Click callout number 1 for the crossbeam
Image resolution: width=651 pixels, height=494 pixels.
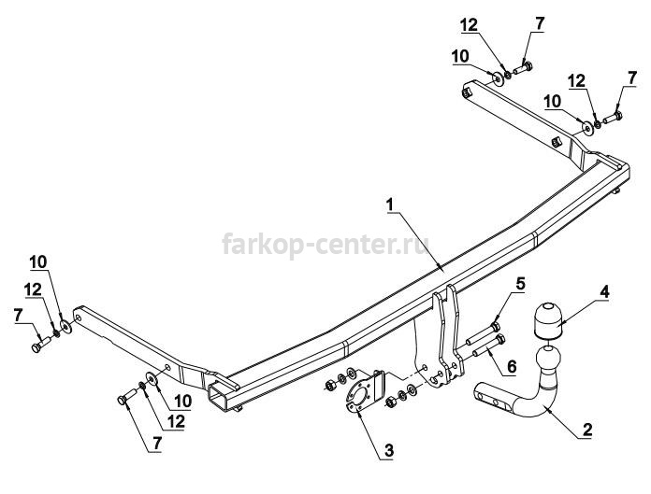coord(389,205)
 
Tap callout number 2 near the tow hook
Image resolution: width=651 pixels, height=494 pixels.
coord(587,430)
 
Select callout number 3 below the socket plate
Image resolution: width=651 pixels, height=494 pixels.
coord(388,450)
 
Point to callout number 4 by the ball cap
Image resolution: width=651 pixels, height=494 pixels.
coord(604,292)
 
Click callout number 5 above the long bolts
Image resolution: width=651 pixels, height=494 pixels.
coord(520,284)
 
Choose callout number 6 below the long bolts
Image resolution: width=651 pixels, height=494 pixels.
coord(512,366)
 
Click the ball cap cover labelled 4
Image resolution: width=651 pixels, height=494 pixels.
coord(547,318)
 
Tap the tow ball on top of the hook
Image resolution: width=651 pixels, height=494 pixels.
coord(548,360)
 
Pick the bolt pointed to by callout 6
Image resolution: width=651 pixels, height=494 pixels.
coord(488,346)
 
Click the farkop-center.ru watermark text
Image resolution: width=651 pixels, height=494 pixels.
coord(325,244)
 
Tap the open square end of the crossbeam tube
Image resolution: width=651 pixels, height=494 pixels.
coord(219,396)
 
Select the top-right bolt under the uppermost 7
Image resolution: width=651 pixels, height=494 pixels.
coord(524,67)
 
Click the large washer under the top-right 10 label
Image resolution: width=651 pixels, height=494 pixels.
coord(497,78)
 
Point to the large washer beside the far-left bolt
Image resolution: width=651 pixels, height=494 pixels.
coord(66,326)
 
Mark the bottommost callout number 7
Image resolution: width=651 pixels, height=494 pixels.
coord(156,444)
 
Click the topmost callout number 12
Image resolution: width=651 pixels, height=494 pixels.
coord(470,26)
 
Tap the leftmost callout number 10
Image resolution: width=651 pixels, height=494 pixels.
coord(38,262)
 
